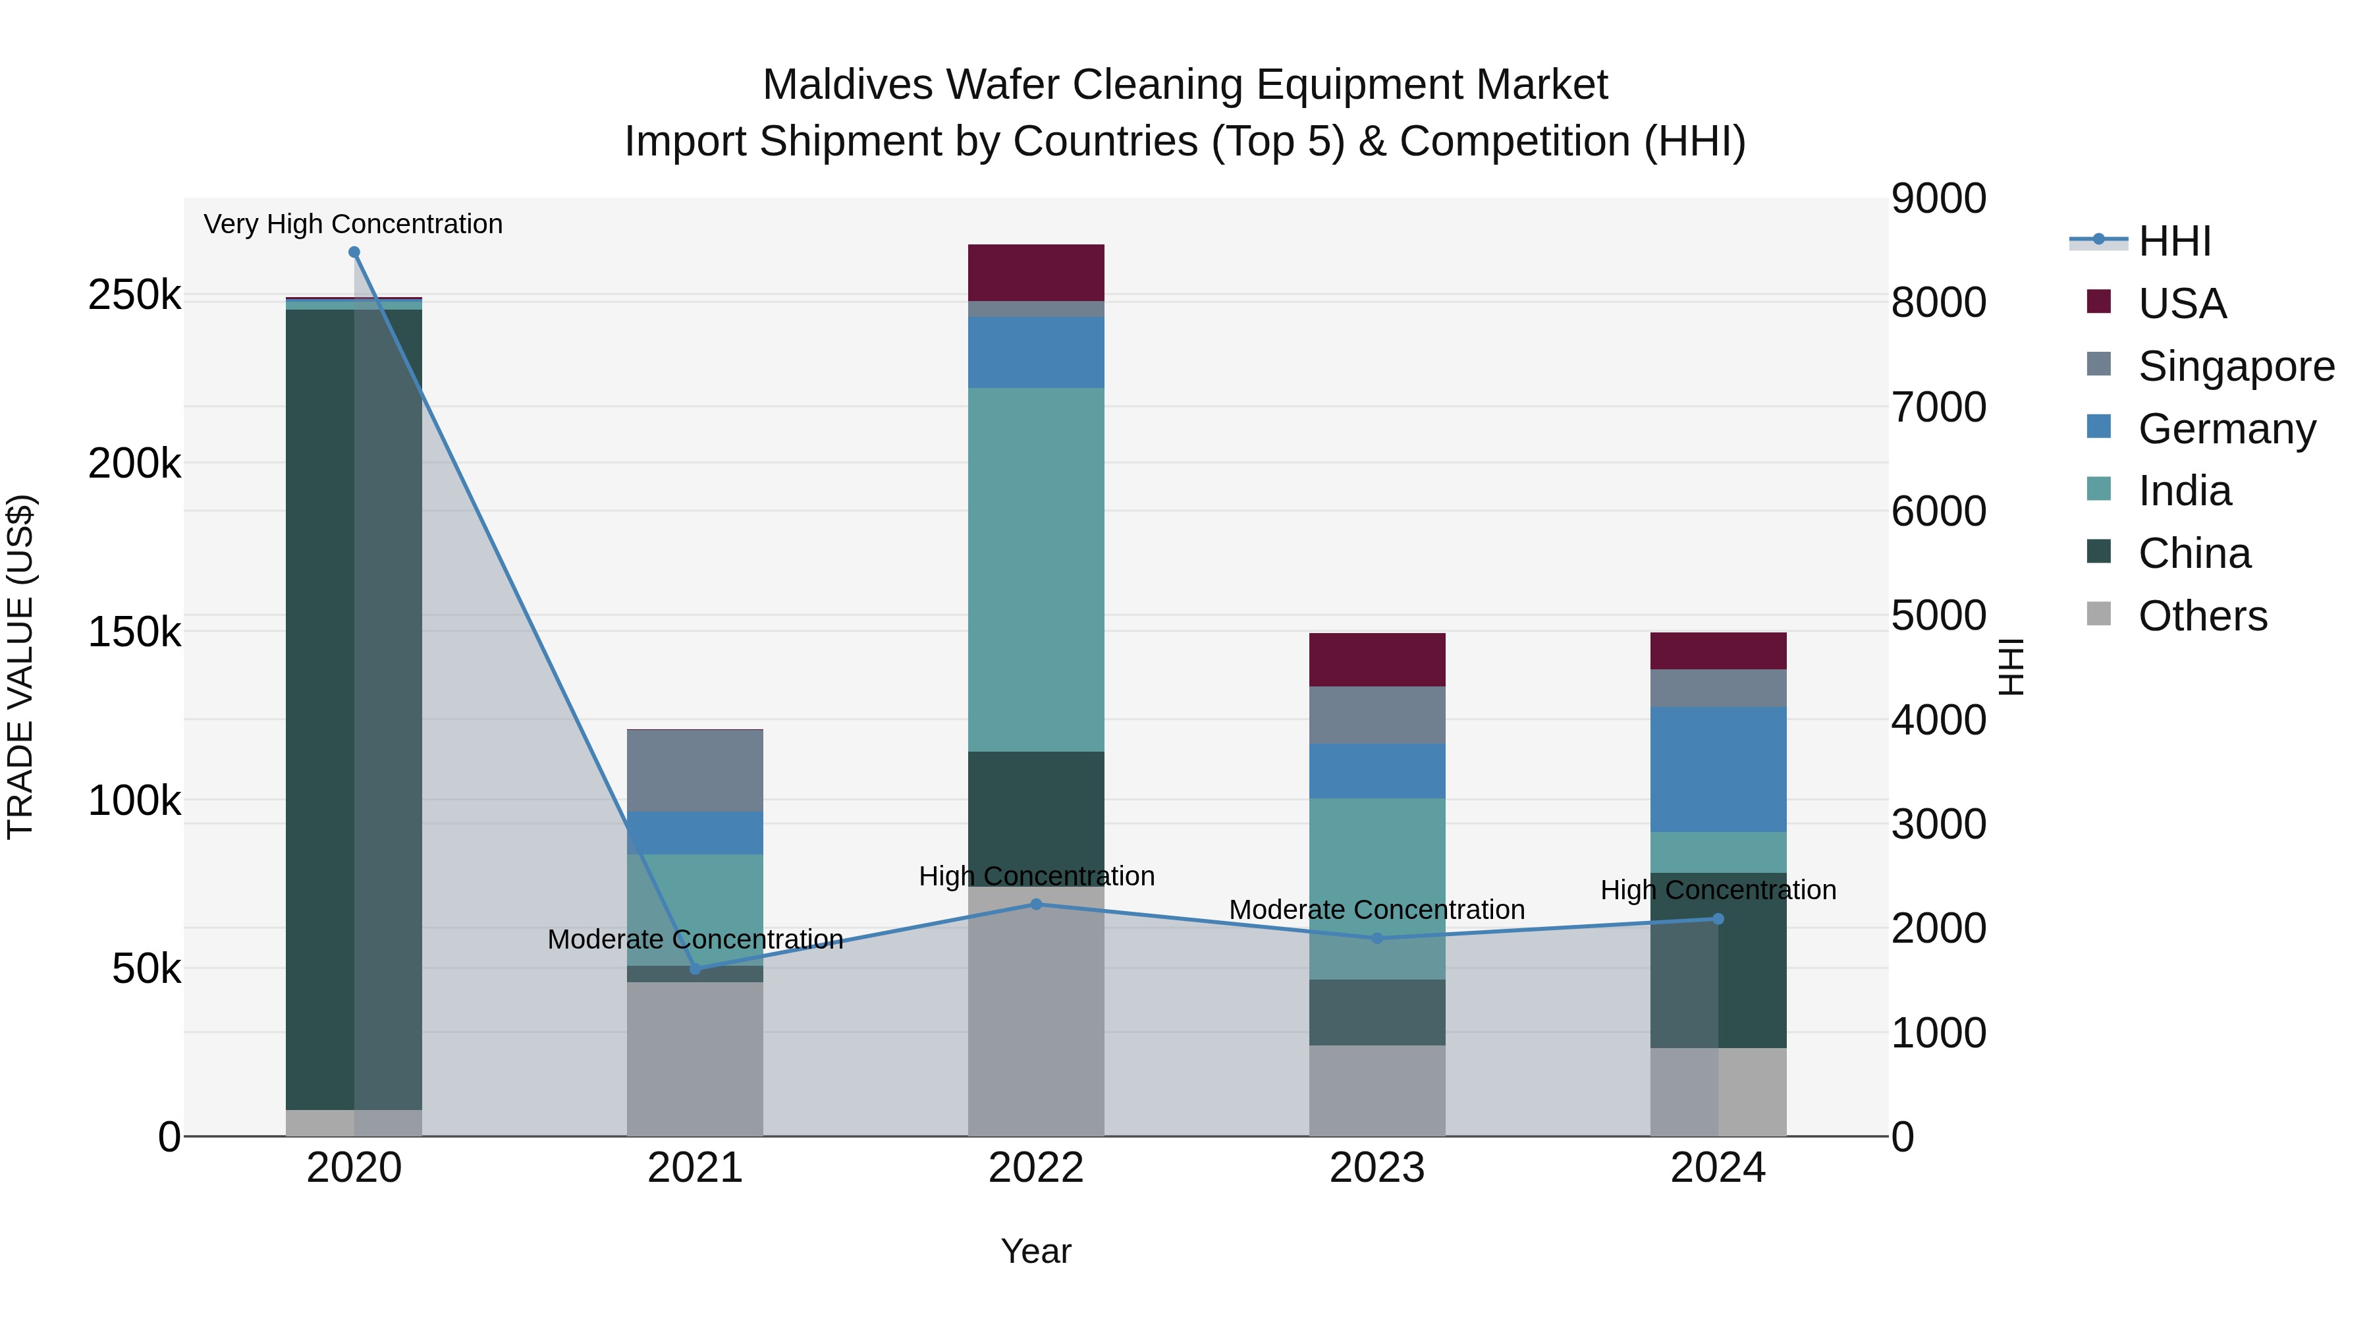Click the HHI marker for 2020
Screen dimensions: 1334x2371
pos(354,252)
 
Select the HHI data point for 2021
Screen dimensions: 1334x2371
pos(695,968)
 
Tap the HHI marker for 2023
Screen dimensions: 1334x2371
pos(1377,938)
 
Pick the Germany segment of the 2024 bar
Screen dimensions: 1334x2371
pos(1718,769)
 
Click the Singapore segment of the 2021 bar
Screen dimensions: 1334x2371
pos(695,771)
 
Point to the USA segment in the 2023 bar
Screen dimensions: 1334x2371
pos(1377,659)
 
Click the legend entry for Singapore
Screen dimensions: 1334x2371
pos(2236,366)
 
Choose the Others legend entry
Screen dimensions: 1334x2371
pos(2202,616)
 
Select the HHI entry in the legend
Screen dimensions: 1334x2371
pos(2174,241)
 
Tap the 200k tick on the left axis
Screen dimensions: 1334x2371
pos(134,464)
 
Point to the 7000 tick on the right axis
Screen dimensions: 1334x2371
pos(1938,407)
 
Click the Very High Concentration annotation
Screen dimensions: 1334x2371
pos(354,225)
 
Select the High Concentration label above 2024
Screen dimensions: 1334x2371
pos(1718,890)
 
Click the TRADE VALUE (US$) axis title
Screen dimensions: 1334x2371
pos(20,667)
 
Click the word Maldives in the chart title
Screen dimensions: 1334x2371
pos(848,86)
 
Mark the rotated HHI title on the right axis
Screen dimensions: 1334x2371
pos(2012,667)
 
